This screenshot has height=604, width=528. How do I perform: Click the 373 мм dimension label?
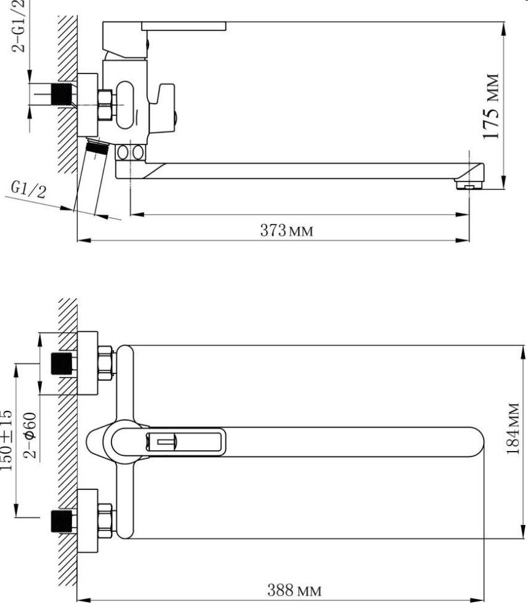click(x=287, y=231)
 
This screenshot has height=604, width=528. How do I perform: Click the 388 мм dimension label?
click(x=294, y=590)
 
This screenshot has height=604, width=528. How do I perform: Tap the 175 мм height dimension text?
click(x=492, y=106)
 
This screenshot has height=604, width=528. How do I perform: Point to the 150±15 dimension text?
click(x=7, y=440)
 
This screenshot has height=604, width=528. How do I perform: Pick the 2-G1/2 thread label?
click(x=18, y=25)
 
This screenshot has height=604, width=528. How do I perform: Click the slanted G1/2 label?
click(x=28, y=189)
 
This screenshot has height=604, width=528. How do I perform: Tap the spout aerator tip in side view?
click(x=469, y=185)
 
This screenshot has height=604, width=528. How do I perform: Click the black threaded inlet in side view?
click(x=62, y=94)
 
